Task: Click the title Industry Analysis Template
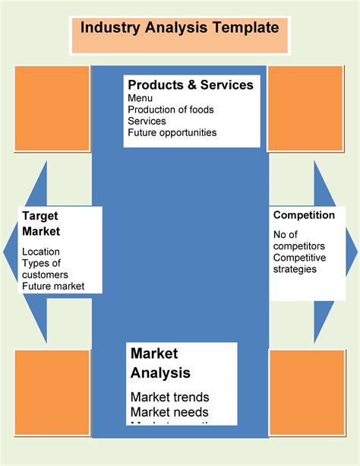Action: click(x=179, y=29)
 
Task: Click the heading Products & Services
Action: click(x=191, y=85)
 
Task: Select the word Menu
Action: click(x=141, y=98)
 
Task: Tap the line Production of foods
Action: click(x=171, y=109)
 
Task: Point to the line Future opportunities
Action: click(x=172, y=132)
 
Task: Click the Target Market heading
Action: click(x=41, y=223)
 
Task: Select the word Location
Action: click(x=41, y=252)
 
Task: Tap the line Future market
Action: click(x=53, y=287)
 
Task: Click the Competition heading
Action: click(x=304, y=215)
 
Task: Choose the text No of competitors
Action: click(x=299, y=240)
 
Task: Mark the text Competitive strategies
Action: click(x=299, y=263)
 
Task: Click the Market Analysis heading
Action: click(x=160, y=363)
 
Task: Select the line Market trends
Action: click(x=170, y=397)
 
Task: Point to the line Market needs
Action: click(x=169, y=414)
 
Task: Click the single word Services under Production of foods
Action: click(x=147, y=121)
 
